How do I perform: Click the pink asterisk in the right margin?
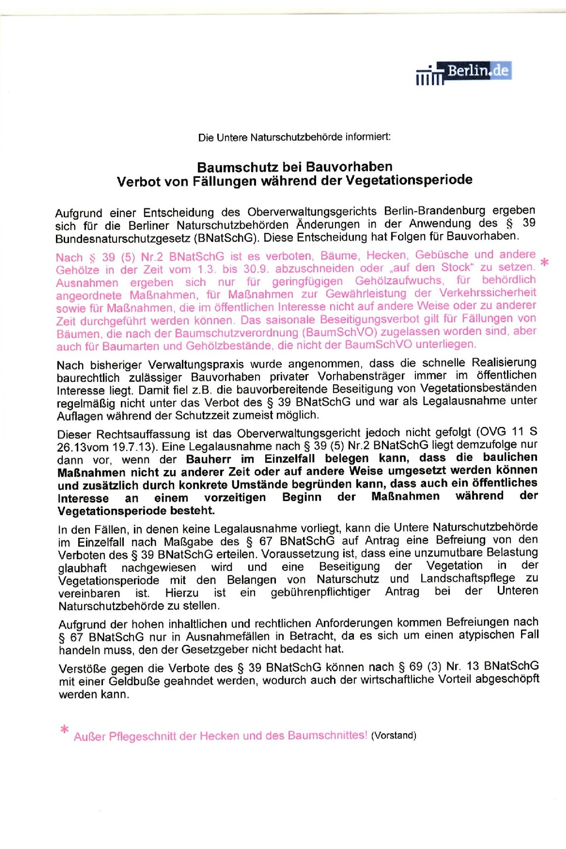click(x=545, y=262)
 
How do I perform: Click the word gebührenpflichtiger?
click(x=320, y=592)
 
